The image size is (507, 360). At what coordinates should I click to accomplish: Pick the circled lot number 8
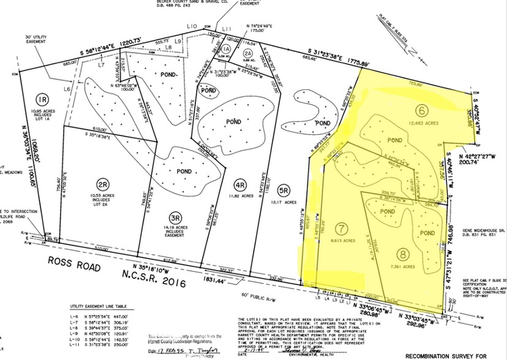pos(403,253)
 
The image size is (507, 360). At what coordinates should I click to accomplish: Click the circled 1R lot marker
pos(42,99)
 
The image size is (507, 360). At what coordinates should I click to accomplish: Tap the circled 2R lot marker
pos(103,183)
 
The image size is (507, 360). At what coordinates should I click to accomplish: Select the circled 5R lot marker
pos(284,189)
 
